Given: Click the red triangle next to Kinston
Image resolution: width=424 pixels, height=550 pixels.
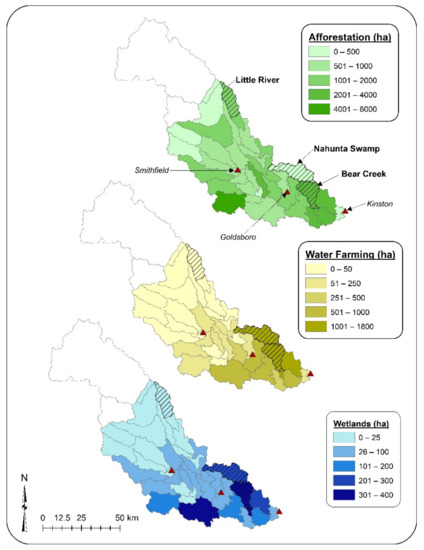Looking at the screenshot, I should point(345,212).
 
